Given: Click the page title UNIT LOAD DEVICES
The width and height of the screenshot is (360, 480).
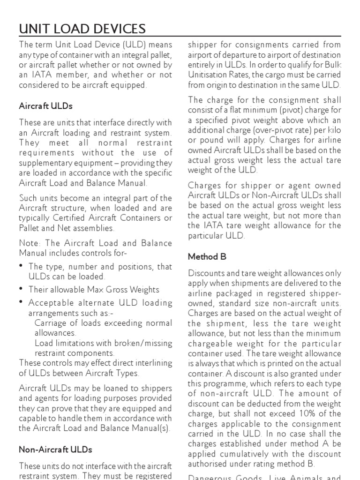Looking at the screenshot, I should pyautogui.click(x=82, y=29).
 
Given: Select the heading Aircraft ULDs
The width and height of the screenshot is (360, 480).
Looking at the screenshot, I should pyautogui.click(x=45, y=106).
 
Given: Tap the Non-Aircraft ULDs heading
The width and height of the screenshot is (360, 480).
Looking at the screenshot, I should pyautogui.click(x=55, y=449).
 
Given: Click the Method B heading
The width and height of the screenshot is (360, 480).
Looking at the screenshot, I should pyautogui.click(x=203, y=256).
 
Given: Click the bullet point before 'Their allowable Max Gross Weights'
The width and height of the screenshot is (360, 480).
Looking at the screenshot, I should pyautogui.click(x=22, y=289).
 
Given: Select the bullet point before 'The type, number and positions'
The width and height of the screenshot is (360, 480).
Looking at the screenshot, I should pyautogui.click(x=22, y=266).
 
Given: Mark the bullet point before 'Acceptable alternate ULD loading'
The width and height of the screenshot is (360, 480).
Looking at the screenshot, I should pyautogui.click(x=22, y=302).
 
